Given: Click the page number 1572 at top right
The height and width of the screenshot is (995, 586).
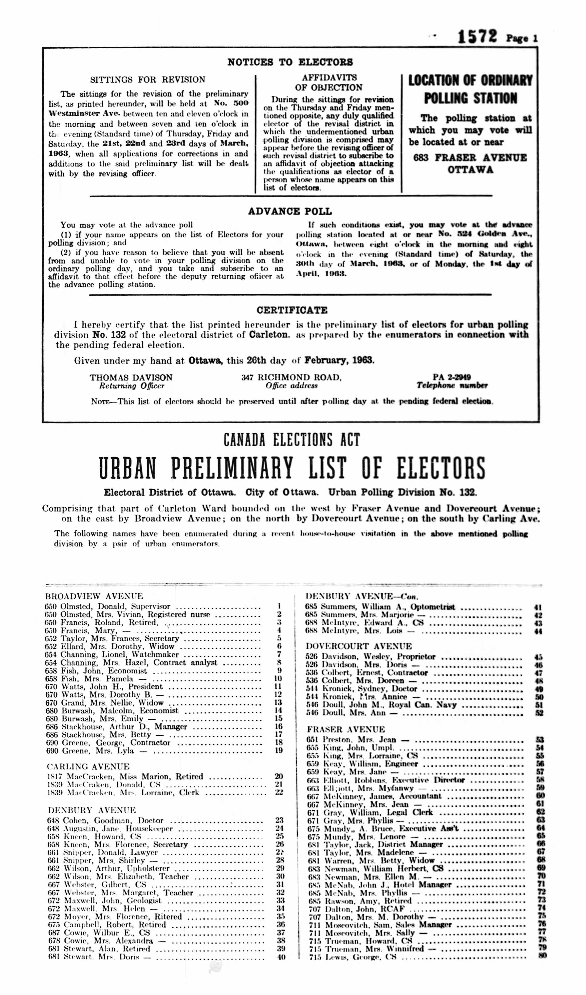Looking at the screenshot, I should click(x=477, y=37).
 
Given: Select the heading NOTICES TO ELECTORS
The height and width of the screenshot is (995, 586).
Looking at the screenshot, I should click(x=290, y=62).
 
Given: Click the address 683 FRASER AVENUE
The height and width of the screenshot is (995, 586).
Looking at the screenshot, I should click(x=470, y=158).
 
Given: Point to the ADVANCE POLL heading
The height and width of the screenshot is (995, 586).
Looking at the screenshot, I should click(x=290, y=211).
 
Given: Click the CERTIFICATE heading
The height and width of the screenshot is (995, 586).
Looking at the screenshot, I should click(x=292, y=310).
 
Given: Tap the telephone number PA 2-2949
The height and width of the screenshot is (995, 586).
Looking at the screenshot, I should click(x=452, y=377).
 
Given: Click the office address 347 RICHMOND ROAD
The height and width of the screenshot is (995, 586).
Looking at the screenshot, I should click(x=292, y=378).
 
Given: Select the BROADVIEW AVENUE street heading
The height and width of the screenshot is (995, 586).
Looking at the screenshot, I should click(x=94, y=596).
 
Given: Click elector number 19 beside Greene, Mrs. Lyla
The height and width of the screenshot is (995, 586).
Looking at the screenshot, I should click(x=279, y=750).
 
